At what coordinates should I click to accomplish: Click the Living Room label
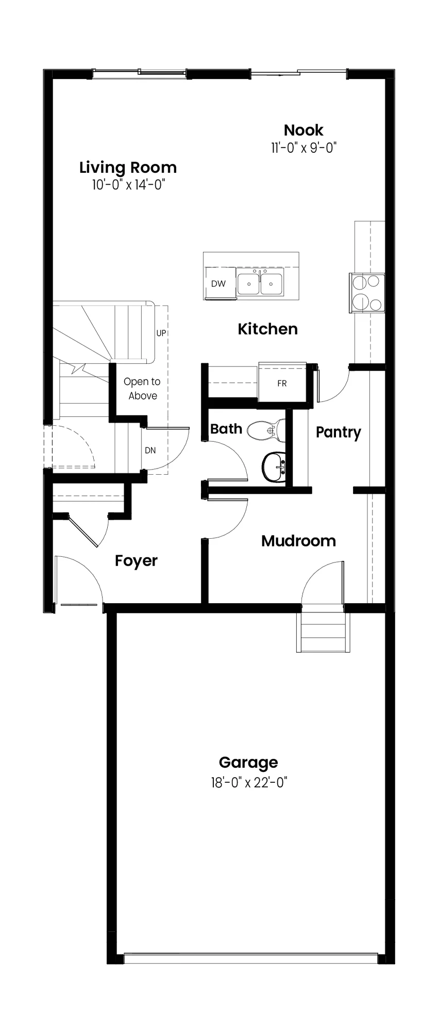(128, 167)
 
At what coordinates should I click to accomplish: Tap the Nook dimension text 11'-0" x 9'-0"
(304, 148)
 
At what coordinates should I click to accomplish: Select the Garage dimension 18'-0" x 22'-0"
(248, 783)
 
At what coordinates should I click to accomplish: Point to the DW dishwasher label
(218, 283)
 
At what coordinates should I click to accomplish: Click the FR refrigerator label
(282, 383)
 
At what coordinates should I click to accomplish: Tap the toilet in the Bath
(266, 429)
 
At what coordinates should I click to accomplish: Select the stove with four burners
(368, 293)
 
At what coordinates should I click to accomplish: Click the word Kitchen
(267, 329)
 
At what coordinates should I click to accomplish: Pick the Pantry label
(338, 432)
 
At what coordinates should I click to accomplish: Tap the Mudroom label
(298, 541)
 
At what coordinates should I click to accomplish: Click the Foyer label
(136, 561)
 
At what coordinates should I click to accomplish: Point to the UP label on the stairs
(161, 333)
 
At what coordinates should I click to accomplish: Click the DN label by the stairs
(150, 450)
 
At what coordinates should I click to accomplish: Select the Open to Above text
(142, 389)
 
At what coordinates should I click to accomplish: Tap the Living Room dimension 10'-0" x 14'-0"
(128, 185)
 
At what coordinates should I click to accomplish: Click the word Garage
(248, 763)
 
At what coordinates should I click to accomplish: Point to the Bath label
(226, 429)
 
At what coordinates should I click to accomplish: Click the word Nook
(304, 130)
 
